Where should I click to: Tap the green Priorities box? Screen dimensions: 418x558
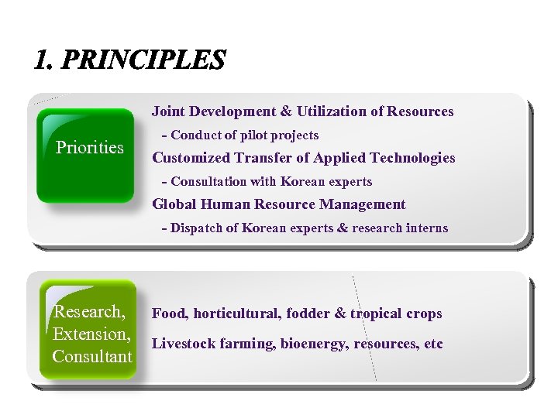click(x=86, y=155)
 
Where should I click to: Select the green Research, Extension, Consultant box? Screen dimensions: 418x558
click(x=90, y=334)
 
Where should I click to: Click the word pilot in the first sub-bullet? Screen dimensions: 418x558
click(x=254, y=135)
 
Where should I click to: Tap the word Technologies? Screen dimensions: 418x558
click(x=412, y=158)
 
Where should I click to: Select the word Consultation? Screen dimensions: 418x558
click(x=208, y=182)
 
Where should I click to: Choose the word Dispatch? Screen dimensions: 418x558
click(x=197, y=228)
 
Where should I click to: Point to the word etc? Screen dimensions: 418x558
click(x=433, y=344)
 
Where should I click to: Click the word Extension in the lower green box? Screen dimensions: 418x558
click(x=90, y=334)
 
